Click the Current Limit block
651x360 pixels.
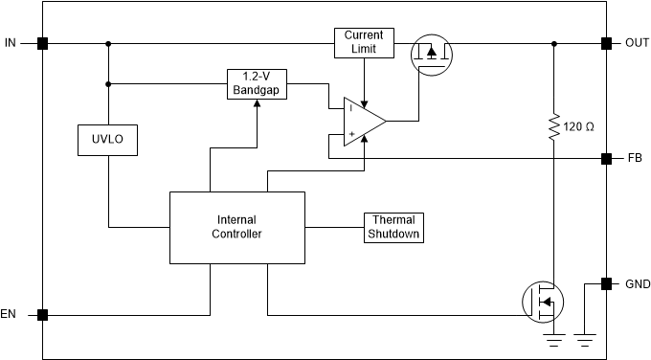pyautogui.click(x=364, y=42)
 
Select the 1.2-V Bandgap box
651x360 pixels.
pyautogui.click(x=256, y=83)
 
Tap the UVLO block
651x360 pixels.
pyautogui.click(x=107, y=141)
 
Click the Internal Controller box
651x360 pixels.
pyautogui.click(x=237, y=227)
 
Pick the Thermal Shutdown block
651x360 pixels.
pyautogui.click(x=393, y=227)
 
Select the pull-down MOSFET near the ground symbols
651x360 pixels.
pyautogui.click(x=542, y=301)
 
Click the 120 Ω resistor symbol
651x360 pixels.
pyautogui.click(x=553, y=126)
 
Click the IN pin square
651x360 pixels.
pyautogui.click(x=42, y=43)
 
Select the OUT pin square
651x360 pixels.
pyautogui.click(x=606, y=43)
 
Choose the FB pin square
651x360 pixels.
pyautogui.click(x=606, y=157)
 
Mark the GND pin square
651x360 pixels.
pyautogui.click(x=606, y=283)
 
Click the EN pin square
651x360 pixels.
pyautogui.click(x=42, y=314)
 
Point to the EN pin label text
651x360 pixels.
pyautogui.click(x=11, y=314)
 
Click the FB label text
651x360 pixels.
pyautogui.click(x=635, y=157)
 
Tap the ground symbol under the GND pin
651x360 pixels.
pyautogui.click(x=585, y=337)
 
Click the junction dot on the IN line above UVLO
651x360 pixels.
pyautogui.click(x=107, y=43)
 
